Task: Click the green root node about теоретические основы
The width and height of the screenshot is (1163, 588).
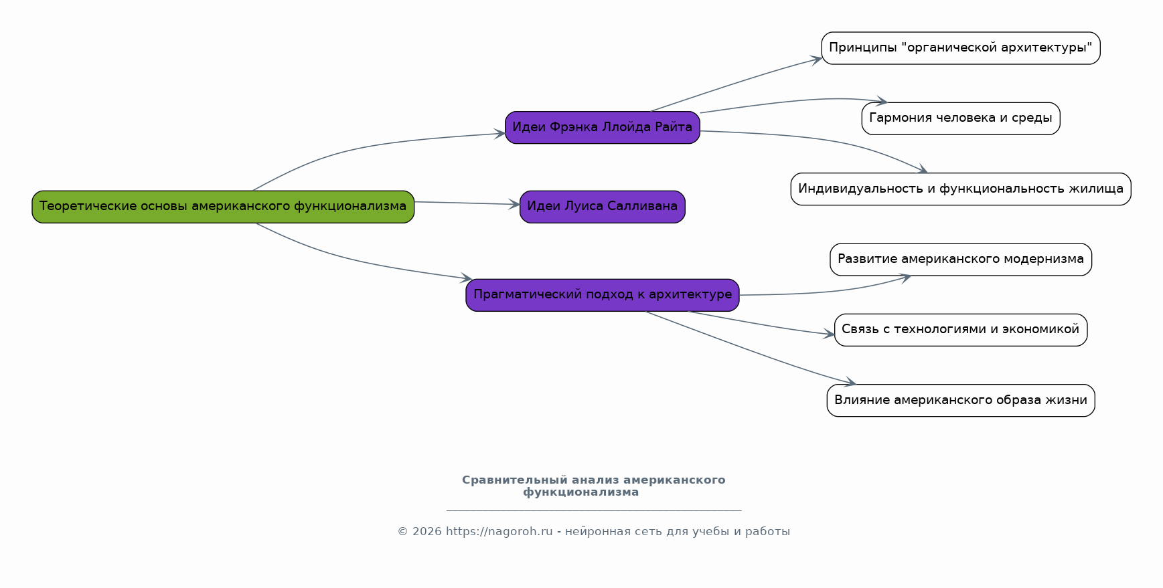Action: coord(223,207)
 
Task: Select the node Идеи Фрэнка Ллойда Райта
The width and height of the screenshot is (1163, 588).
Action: coord(603,127)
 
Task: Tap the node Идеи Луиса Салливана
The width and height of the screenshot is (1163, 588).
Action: coord(603,207)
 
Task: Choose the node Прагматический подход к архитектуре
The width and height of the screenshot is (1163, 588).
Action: coord(603,295)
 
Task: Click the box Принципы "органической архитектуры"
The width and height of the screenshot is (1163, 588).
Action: coord(961,48)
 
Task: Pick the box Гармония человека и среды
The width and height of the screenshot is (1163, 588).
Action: coord(961,118)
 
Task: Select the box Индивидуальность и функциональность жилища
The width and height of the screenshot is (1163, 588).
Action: coord(961,189)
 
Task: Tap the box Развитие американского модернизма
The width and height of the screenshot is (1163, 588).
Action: coord(961,260)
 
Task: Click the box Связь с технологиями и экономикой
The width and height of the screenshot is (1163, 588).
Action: coord(961,330)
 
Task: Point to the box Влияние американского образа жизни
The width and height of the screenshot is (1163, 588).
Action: coord(961,401)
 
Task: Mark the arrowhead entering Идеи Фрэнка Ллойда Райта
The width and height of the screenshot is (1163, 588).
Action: coord(499,134)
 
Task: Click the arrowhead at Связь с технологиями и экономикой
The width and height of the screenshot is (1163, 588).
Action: coord(829,334)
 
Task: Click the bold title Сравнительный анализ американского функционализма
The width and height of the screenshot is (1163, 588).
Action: coord(594,486)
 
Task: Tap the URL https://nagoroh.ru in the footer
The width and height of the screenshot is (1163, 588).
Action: coord(499,532)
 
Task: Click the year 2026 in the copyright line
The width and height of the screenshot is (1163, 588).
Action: coord(427,532)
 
